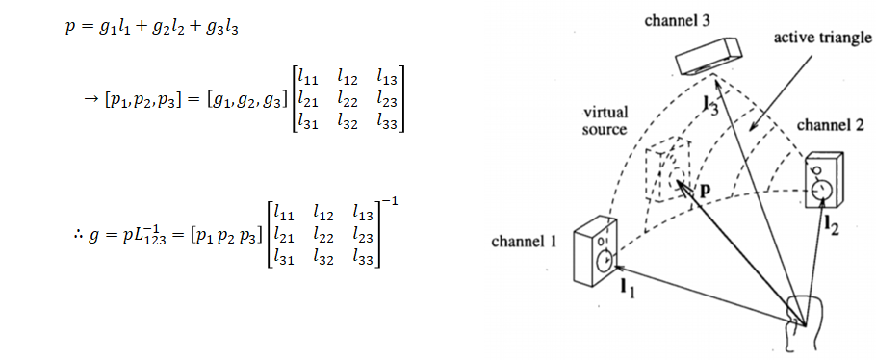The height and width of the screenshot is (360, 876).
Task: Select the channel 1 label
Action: pos(525,241)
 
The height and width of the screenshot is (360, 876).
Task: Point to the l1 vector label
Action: pos(627,286)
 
